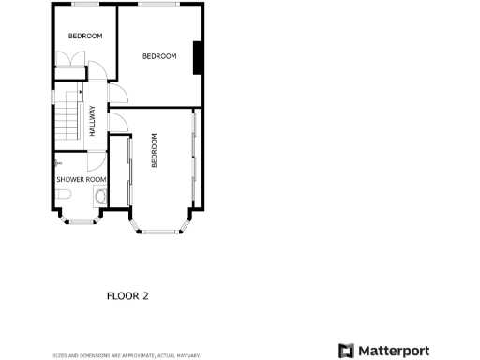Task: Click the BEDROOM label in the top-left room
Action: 85,36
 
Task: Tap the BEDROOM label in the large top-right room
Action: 159,56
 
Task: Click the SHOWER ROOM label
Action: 82,179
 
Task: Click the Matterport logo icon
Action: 347,350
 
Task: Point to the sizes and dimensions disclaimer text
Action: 127,355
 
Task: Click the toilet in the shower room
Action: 63,194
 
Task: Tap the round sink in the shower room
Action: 100,197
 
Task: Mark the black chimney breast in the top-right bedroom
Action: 198,58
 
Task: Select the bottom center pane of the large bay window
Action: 161,232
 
